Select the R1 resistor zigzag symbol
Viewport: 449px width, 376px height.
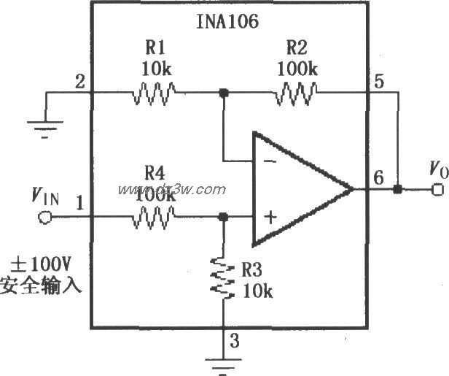tap(153, 93)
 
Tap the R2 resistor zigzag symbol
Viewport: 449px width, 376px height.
tap(296, 93)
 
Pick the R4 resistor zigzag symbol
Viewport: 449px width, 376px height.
tap(153, 217)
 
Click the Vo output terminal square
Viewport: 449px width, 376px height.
tap(438, 190)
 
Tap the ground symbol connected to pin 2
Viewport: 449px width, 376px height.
tap(45, 127)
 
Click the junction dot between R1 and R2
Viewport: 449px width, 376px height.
tap(224, 93)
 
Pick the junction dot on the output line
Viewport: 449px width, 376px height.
tap(397, 190)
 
